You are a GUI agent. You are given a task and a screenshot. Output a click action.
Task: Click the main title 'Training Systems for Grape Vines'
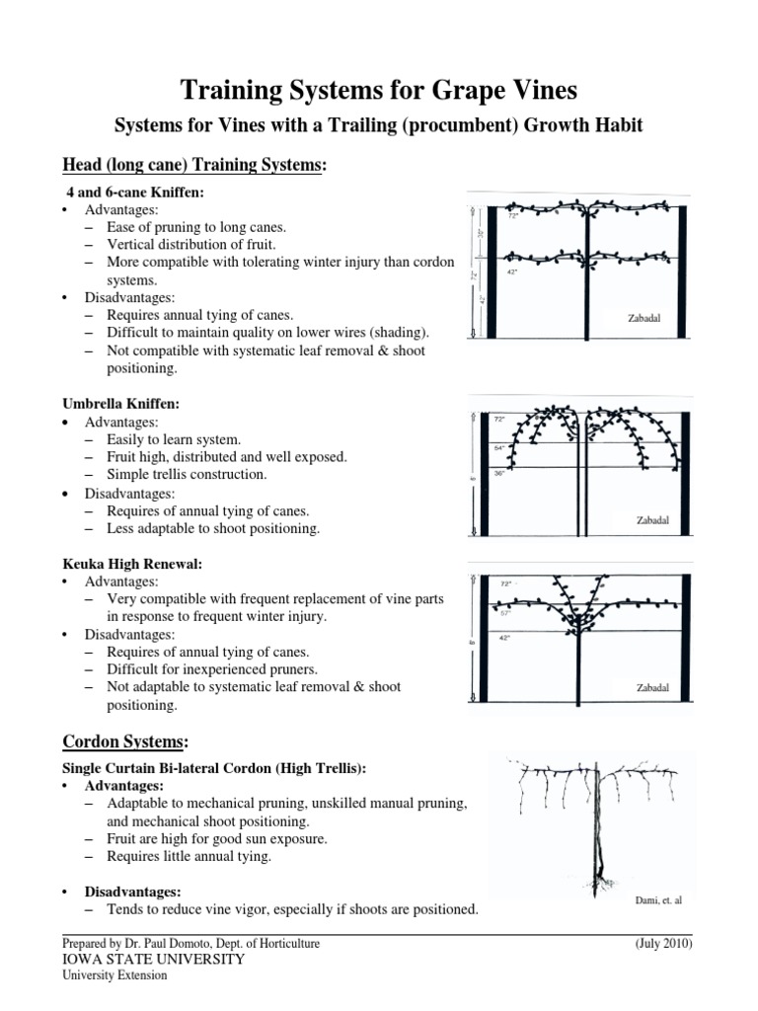click(378, 91)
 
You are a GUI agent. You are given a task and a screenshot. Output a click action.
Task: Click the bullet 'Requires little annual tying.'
click(189, 856)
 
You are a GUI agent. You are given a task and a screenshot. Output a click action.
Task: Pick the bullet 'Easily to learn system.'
click(174, 439)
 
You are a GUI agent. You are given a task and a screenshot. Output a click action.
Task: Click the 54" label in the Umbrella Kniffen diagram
click(498, 446)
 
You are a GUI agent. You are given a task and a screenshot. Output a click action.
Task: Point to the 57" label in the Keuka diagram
click(505, 613)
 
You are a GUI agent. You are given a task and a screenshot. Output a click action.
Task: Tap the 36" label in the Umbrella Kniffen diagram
click(498, 474)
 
